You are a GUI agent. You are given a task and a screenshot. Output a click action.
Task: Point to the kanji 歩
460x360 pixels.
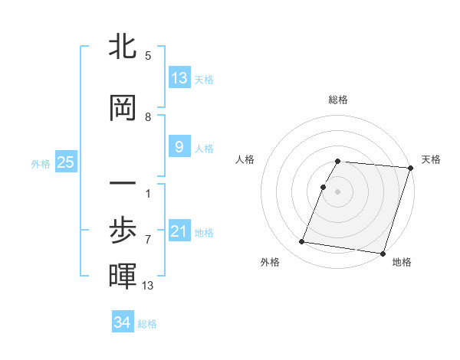[123, 231]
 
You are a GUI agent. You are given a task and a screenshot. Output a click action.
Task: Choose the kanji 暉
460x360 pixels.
[123, 277]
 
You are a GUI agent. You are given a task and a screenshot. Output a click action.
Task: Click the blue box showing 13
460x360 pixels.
[179, 78]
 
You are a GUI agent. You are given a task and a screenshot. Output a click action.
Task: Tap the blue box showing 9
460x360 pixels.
[179, 147]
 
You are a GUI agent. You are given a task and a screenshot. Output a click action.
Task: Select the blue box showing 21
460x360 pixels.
[179, 231]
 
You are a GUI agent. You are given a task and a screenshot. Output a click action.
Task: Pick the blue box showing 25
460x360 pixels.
[66, 162]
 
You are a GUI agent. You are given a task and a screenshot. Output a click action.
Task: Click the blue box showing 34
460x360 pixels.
[123, 322]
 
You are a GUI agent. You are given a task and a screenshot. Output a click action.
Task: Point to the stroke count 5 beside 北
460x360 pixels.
[147, 56]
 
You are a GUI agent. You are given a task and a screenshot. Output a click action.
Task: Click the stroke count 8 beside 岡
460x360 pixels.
[147, 116]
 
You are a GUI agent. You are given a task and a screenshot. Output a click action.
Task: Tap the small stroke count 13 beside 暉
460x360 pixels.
[148, 286]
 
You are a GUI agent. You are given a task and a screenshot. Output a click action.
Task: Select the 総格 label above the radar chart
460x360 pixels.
[338, 100]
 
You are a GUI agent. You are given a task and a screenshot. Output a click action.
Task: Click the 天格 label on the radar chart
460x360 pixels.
[431, 159]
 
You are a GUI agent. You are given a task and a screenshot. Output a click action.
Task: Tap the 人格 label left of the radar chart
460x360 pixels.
[245, 159]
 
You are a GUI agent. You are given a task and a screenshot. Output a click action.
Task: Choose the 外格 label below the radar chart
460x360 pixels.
[270, 263]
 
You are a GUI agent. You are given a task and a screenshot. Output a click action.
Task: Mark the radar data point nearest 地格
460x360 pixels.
[383, 253]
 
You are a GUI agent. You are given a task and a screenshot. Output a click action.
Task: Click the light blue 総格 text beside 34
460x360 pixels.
[148, 324]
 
